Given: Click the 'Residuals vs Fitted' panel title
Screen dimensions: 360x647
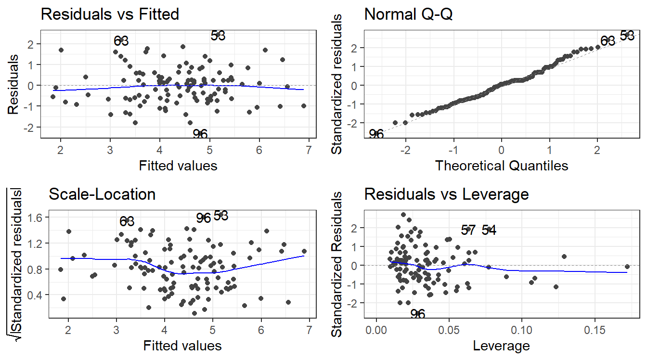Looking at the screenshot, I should pyautogui.click(x=110, y=14).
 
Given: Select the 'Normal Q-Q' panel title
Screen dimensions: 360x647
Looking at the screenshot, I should pyautogui.click(x=408, y=14).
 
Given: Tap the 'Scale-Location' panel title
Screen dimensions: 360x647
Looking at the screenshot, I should pyautogui.click(x=102, y=194).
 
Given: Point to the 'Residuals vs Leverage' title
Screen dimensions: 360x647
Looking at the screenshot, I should pyautogui.click(x=447, y=194).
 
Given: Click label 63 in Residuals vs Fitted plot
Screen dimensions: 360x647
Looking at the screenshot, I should pyautogui.click(x=121, y=41).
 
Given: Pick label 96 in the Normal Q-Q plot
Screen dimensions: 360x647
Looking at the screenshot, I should pyautogui.click(x=376, y=134).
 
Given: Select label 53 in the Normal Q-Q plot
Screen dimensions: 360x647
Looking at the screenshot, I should pyautogui.click(x=626, y=36).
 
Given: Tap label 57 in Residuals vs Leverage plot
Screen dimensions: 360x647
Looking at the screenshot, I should pyautogui.click(x=468, y=231).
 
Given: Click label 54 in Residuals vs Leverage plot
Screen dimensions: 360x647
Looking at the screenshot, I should pyautogui.click(x=489, y=231).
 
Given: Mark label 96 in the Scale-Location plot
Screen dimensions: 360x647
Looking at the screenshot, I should pyautogui.click(x=204, y=218).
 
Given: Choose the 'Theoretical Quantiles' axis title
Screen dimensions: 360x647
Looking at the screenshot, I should pyautogui.click(x=502, y=166).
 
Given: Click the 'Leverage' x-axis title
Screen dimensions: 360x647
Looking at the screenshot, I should pyautogui.click(x=502, y=346).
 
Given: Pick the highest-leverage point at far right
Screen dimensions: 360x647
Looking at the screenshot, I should pyautogui.click(x=627, y=266).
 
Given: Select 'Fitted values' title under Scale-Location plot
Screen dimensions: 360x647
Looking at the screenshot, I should pyautogui.click(x=182, y=346).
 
